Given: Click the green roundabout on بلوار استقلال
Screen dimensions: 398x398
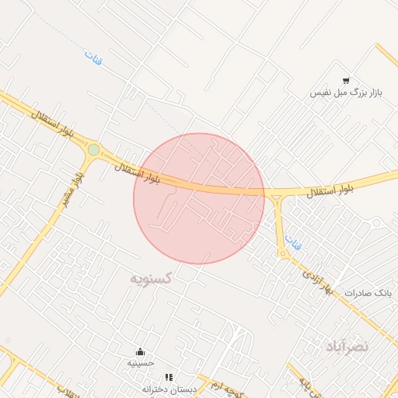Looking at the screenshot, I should point(93,149).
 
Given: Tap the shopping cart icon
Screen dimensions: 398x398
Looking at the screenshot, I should point(345,80).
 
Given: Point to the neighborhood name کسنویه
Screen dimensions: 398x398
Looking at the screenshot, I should point(152,277).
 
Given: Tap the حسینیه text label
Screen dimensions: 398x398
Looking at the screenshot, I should point(141,362).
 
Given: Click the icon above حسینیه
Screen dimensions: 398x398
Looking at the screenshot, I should point(141,351).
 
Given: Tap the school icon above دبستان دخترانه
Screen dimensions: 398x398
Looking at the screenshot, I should point(169,377).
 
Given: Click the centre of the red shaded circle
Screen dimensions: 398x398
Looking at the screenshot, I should point(199,198).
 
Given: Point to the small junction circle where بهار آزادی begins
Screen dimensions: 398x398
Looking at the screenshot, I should point(284,253).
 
